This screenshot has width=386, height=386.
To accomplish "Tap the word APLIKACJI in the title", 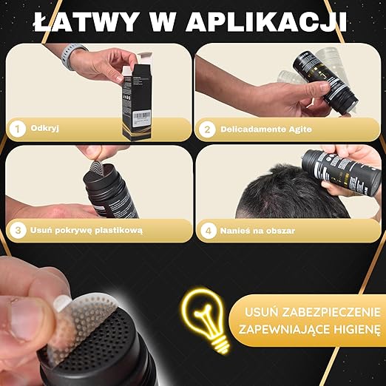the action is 266,21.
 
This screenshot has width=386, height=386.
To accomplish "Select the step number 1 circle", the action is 18,129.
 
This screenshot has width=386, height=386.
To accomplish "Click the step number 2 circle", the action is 208,129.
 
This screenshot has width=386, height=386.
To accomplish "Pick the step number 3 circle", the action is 18,231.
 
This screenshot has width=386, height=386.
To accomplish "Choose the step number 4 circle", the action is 209,231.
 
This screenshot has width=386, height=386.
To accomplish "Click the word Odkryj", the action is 45,129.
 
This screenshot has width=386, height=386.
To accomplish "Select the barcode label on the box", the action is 142,116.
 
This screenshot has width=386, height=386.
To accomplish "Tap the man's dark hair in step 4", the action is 288,194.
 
